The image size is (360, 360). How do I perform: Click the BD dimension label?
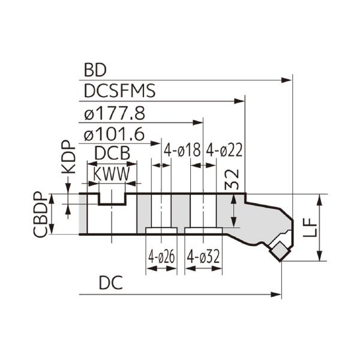[x=95, y=70]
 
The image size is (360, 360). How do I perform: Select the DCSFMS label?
[x=119, y=91]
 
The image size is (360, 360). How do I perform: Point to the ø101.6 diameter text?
[x=114, y=134]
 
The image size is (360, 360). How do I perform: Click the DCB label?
[x=112, y=154]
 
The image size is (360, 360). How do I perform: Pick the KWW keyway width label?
[x=112, y=174]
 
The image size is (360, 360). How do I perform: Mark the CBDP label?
[x=40, y=215]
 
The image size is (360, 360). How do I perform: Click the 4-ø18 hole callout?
[x=182, y=151]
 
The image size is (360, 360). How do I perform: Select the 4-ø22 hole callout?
[x=224, y=151]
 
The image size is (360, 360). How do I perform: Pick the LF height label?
[x=310, y=228]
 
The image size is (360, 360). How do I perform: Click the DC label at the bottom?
[x=111, y=283]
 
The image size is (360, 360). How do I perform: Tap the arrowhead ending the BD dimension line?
[x=288, y=78]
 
